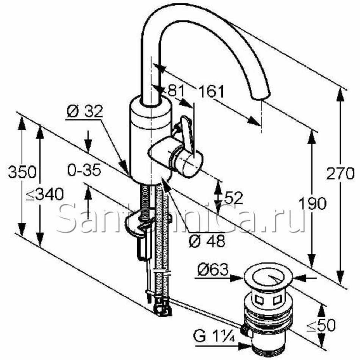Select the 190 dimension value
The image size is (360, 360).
313,203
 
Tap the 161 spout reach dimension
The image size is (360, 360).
211,91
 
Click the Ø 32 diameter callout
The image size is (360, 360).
85,112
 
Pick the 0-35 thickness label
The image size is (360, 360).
84,170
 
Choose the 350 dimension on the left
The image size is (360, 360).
22,172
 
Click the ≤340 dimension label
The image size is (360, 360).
45,194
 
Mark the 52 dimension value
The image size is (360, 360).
233,198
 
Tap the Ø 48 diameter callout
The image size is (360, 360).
207,241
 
